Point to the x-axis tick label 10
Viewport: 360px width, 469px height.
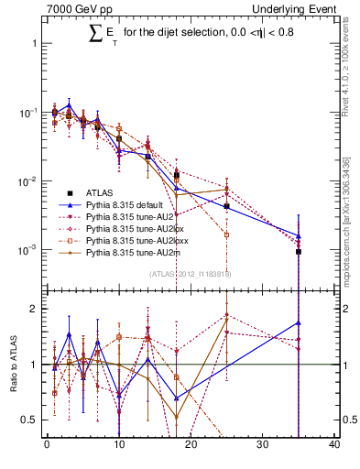(119, 445)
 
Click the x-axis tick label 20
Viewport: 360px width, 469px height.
(191, 445)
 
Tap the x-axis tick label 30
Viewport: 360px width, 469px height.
(263, 445)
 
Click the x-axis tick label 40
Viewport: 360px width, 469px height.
(334, 445)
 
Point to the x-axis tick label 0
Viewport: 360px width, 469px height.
(47, 445)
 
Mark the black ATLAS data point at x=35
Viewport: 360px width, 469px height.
(299, 251)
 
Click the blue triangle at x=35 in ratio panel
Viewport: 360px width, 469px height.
(299, 322)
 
